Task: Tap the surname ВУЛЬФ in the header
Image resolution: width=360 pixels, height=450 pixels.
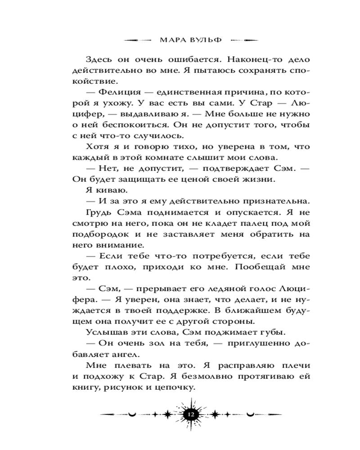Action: click(x=206, y=40)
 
